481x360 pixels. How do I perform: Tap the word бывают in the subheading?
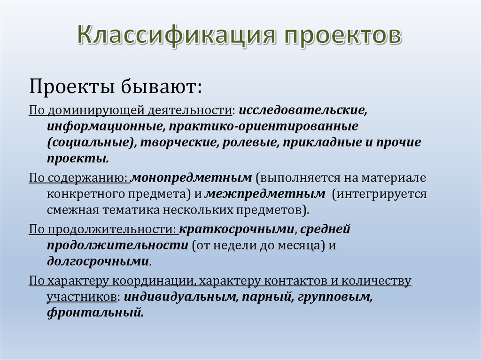click(150, 86)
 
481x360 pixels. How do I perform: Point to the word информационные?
click(104, 127)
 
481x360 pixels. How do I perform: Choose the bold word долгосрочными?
click(98, 261)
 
